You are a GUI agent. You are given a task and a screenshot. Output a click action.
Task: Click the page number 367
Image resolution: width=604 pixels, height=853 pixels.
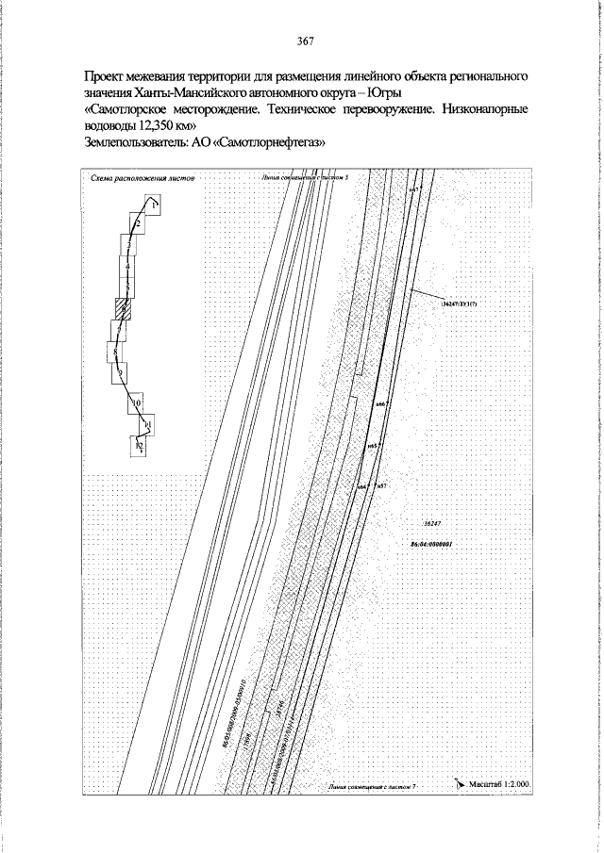[304, 41]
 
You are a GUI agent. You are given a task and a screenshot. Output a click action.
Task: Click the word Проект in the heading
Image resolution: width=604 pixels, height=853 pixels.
[106, 74]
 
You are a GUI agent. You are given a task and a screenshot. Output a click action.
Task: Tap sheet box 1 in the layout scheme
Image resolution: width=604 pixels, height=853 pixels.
[153, 205]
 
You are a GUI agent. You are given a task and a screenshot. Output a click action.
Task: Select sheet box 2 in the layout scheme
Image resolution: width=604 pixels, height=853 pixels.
[138, 224]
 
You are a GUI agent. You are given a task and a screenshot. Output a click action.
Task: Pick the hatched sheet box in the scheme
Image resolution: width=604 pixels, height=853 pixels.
[122, 307]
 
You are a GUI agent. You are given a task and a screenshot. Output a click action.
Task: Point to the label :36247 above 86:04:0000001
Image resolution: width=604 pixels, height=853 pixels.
[433, 523]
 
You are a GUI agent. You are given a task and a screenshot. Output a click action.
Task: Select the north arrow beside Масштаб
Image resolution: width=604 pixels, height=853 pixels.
[460, 782]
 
